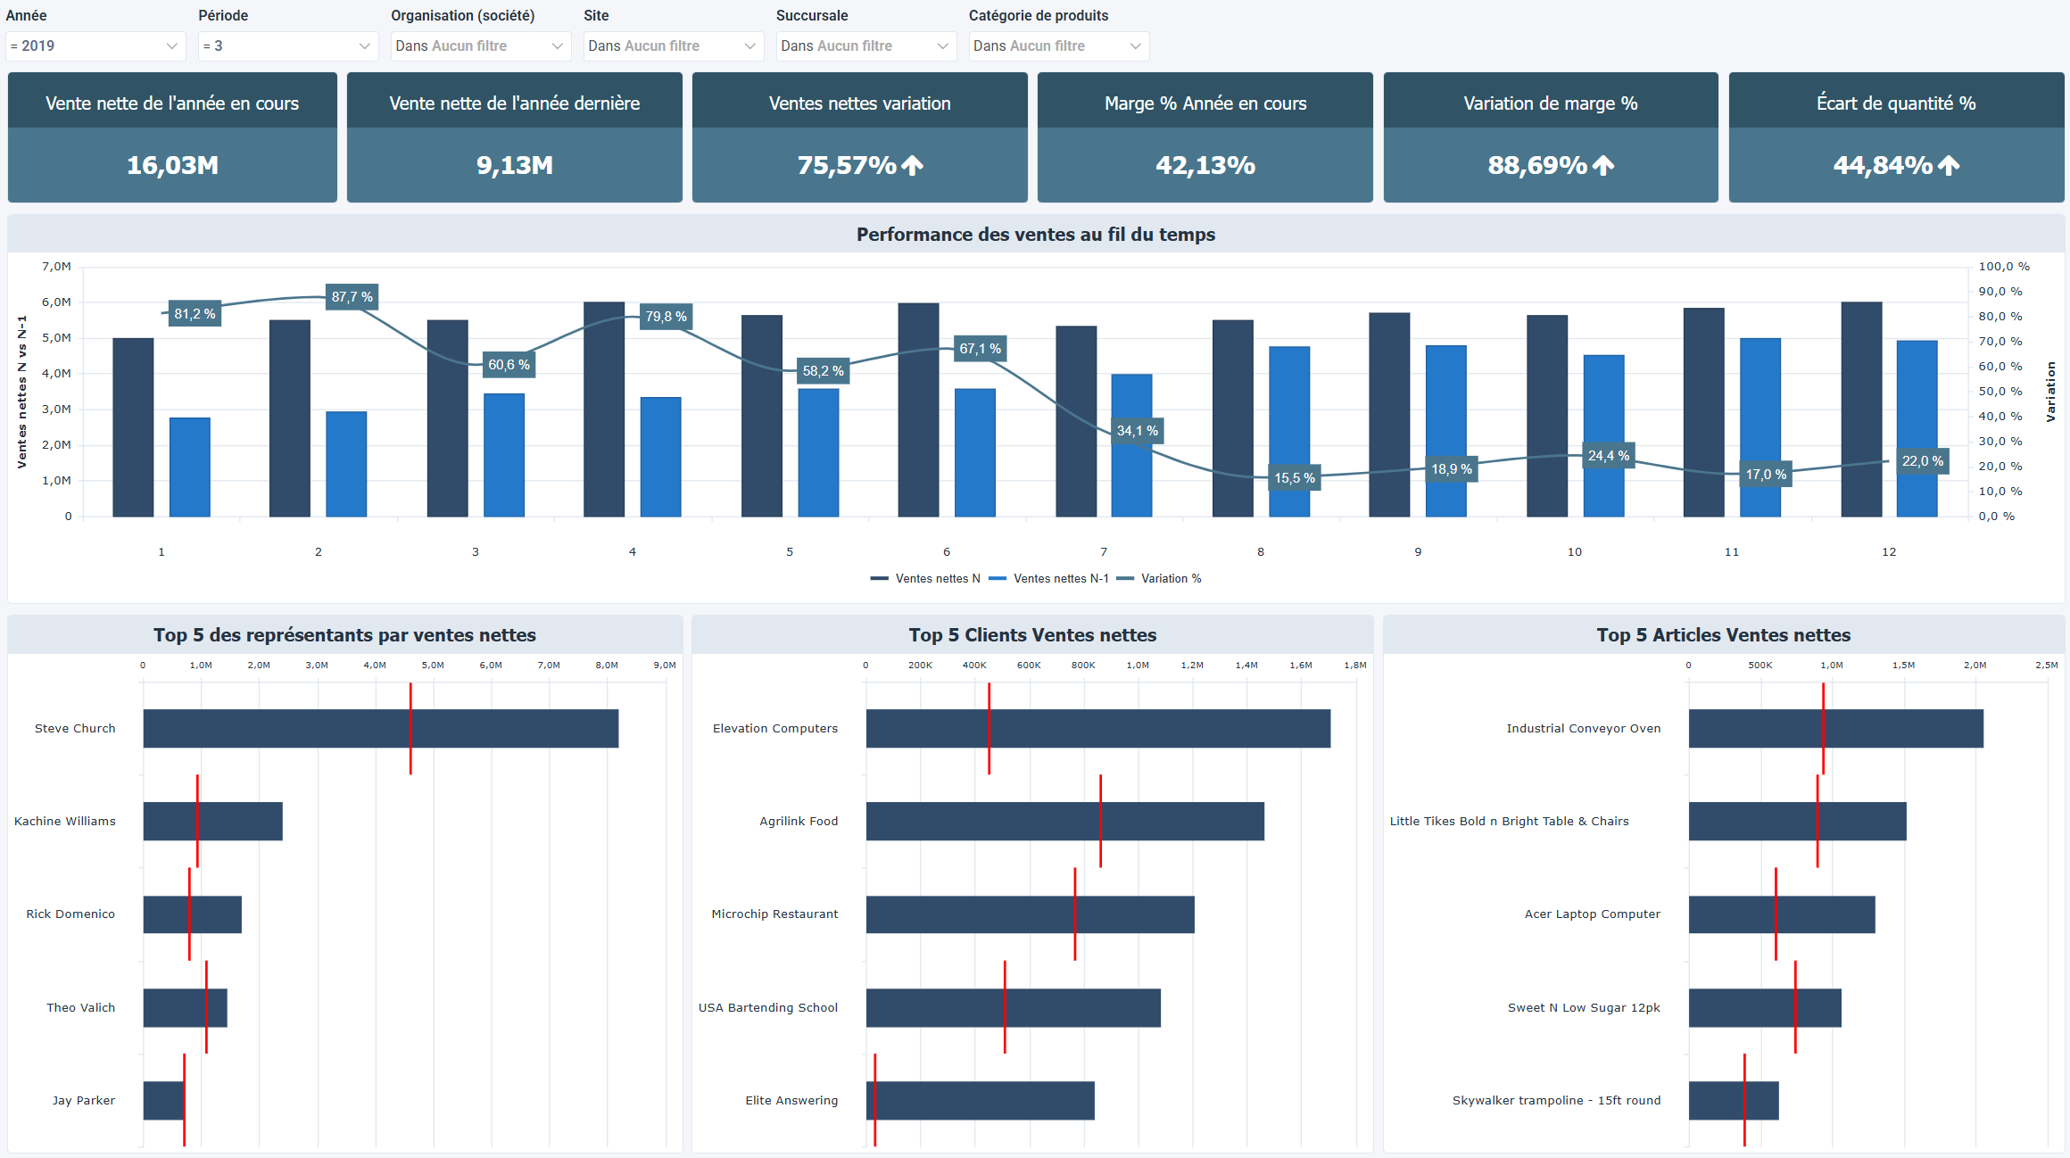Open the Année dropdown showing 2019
(x=95, y=46)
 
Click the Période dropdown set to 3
(x=286, y=46)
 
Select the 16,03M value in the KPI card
(x=172, y=165)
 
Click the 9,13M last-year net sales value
(x=515, y=165)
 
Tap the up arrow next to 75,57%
(x=912, y=165)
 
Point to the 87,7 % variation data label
(x=352, y=297)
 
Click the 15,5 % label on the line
(x=1294, y=478)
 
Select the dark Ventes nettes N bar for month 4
(x=604, y=409)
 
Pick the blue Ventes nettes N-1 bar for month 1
(x=190, y=467)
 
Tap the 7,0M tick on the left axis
(x=56, y=267)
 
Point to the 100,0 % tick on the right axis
(x=2003, y=267)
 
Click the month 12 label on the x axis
(x=1889, y=552)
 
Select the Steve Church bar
(x=381, y=729)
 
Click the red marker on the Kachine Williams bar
(x=197, y=821)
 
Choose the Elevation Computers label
(x=775, y=729)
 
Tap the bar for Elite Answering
(x=980, y=1101)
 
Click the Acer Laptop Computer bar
(x=1781, y=914)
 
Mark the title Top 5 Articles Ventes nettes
(x=1723, y=635)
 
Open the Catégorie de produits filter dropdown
(x=1058, y=46)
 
